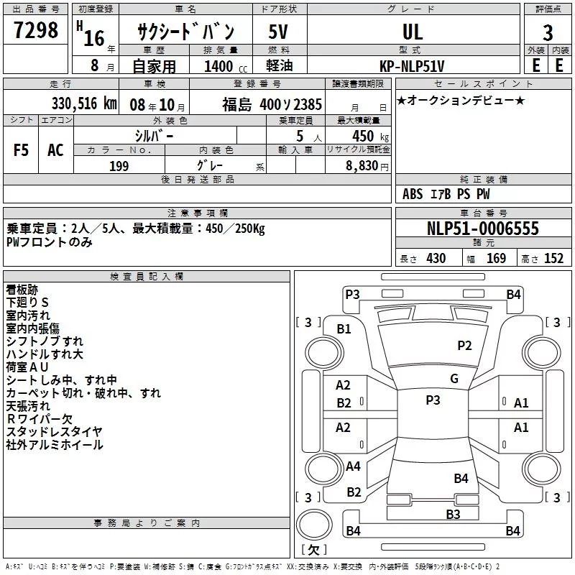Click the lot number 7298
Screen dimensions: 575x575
36,29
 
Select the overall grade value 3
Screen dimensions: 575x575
548,32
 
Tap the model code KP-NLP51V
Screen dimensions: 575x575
412,66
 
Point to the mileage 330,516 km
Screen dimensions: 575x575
84,103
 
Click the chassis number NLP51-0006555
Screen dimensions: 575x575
483,229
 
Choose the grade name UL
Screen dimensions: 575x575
413,32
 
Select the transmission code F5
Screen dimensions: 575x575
21,150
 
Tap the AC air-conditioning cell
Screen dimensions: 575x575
55,150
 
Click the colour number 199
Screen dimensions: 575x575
119,166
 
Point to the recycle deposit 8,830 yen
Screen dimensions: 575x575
367,166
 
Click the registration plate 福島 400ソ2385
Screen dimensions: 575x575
272,104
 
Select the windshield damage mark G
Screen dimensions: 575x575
454,379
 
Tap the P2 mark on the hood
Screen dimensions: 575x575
464,346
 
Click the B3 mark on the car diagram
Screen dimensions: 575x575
453,515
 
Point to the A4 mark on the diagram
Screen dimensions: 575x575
353,466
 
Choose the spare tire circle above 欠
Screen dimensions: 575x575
314,525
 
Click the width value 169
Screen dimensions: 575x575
496,258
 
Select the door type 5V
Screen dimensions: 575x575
278,32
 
